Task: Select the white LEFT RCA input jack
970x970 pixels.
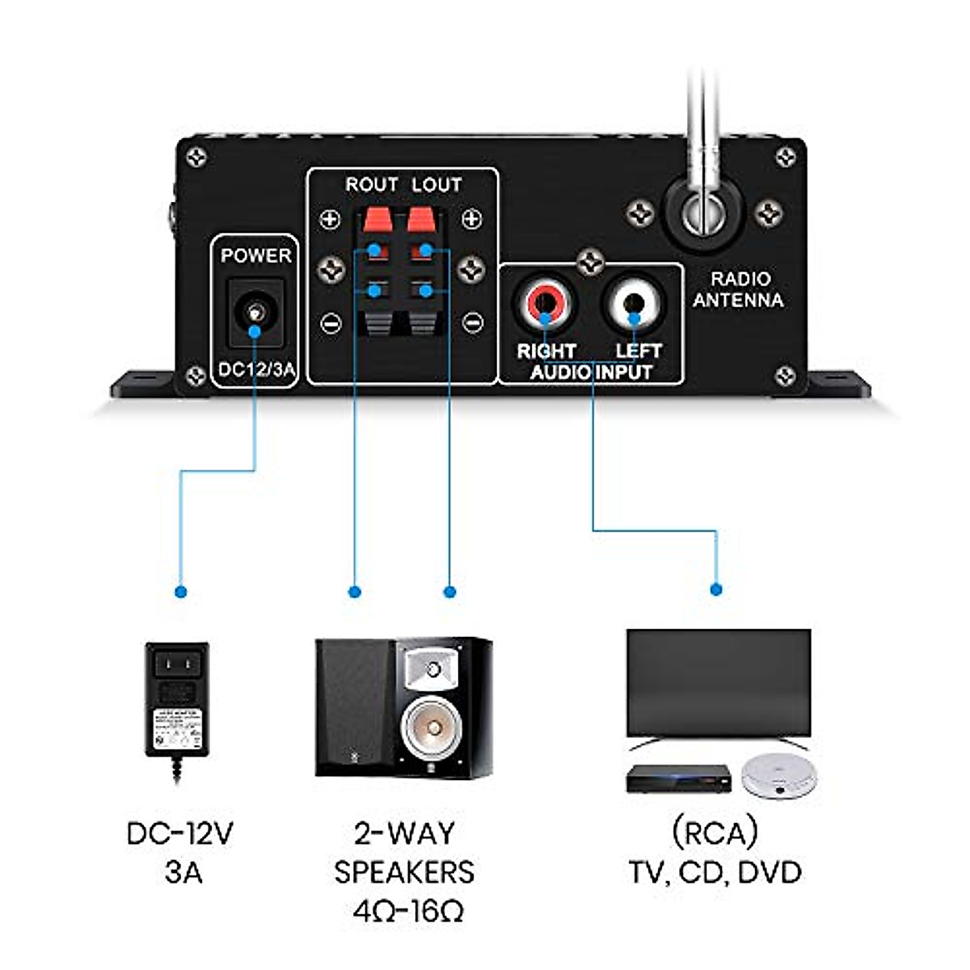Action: tap(634, 302)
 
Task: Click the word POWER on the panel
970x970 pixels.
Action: tap(255, 255)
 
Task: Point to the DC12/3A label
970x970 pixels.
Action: tap(255, 371)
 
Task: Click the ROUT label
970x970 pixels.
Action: tap(371, 185)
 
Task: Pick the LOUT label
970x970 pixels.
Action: tap(436, 185)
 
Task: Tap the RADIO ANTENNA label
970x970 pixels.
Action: tap(737, 289)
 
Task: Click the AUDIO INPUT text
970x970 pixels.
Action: tap(591, 372)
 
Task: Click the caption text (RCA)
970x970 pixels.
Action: tap(715, 833)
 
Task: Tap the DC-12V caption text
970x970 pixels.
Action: tap(180, 833)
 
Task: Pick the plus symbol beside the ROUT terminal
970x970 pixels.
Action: tap(330, 219)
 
